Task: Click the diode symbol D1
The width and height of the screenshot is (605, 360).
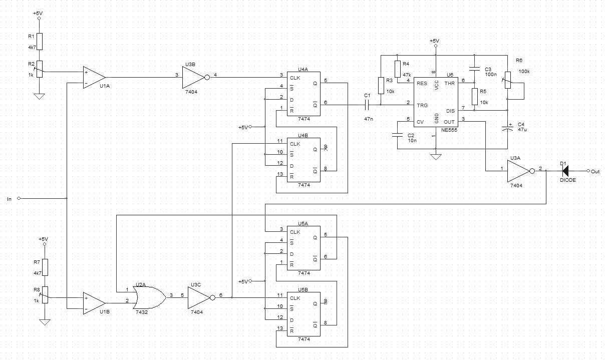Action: (565, 171)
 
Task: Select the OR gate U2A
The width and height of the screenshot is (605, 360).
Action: (149, 297)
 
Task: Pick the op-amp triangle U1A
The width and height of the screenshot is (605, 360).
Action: (94, 78)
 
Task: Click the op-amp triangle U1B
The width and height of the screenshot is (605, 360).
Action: (94, 303)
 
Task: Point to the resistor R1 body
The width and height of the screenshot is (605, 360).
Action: (40, 42)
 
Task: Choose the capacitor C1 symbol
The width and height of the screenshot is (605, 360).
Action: (367, 105)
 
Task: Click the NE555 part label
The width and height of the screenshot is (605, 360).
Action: (449, 130)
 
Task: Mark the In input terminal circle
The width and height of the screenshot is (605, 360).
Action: (19, 198)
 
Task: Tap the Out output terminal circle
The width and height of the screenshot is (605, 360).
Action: (588, 171)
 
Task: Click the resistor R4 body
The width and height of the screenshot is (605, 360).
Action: (398, 69)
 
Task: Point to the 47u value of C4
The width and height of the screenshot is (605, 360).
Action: (522, 129)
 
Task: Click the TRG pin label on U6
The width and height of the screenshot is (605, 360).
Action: (422, 105)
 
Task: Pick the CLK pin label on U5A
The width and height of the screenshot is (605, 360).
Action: (295, 232)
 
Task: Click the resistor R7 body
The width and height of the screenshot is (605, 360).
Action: (45, 267)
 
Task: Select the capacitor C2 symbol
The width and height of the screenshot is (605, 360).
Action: (397, 135)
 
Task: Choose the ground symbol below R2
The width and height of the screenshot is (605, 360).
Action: (40, 97)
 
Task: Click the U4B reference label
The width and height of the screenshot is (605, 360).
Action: (303, 135)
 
